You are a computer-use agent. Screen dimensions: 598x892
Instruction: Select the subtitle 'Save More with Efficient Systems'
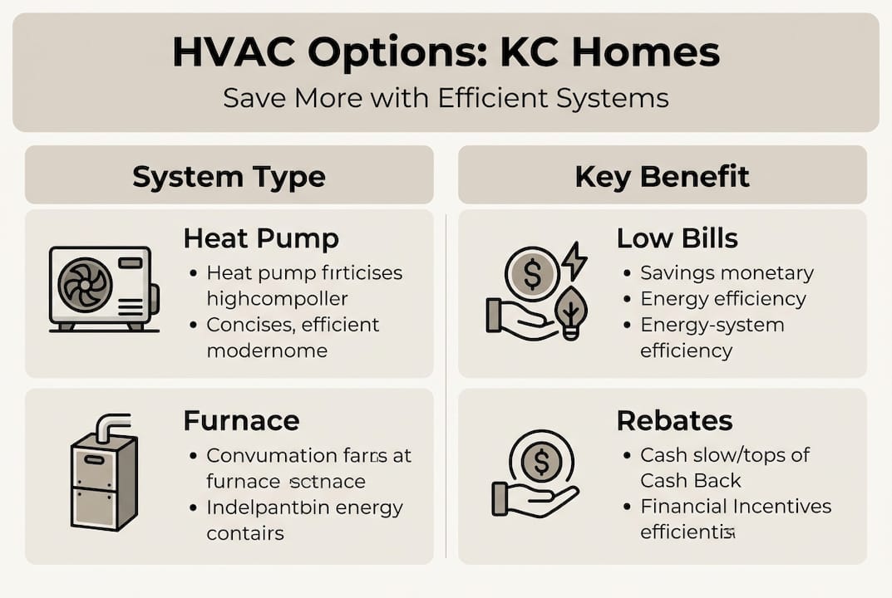point(446,98)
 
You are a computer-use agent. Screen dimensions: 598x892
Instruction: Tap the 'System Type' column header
point(229,176)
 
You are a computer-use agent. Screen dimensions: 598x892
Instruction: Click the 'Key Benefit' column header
point(662,176)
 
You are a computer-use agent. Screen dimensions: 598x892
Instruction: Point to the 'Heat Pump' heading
point(260,239)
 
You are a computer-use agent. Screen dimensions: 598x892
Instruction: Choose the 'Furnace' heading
point(241,420)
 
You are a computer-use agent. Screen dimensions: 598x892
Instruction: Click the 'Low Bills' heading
point(677,239)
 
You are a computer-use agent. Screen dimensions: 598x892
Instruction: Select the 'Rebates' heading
point(674,420)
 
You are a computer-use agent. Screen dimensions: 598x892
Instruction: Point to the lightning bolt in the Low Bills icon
point(574,262)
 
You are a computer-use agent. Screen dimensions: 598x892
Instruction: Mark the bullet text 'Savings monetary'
point(727,272)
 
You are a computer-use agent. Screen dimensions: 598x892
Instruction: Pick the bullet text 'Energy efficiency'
point(723,299)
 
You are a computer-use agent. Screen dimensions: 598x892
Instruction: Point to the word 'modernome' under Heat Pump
point(266,350)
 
